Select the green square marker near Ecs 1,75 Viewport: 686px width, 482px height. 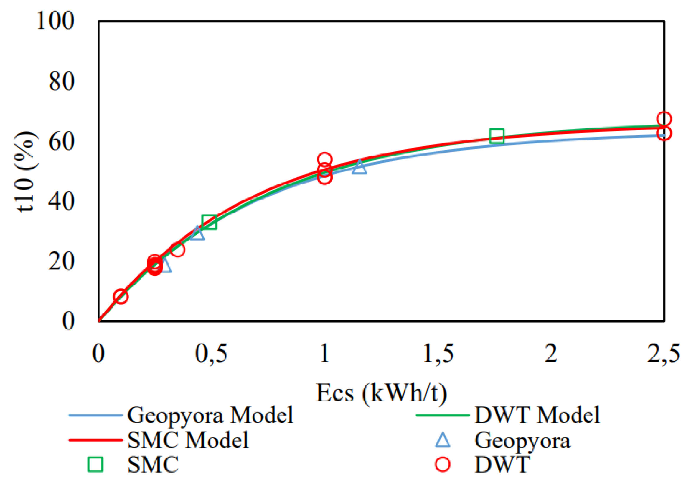point(497,136)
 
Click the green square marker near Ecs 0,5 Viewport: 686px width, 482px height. point(209,222)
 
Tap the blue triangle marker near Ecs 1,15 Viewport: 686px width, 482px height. point(360,168)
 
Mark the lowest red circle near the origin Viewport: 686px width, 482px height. point(121,297)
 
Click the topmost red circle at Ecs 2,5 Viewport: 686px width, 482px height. point(664,119)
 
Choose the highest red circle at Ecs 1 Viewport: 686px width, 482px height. point(324,159)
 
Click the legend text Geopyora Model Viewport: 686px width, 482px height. point(210,415)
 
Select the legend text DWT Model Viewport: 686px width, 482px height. point(537,415)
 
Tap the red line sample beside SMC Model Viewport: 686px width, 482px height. point(95,440)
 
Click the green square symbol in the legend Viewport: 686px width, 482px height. point(95,464)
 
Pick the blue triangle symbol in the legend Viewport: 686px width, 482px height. point(443,440)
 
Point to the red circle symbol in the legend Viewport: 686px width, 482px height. point(443,464)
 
